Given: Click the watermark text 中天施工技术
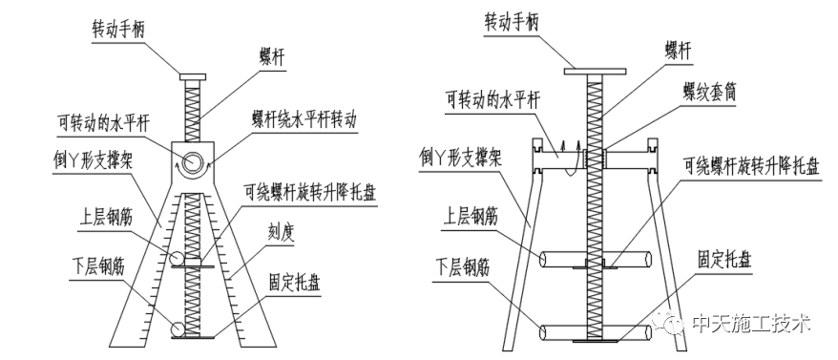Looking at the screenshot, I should tap(751, 324).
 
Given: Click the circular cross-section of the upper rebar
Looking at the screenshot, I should tap(178, 259).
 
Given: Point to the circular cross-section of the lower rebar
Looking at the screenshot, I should tap(178, 329).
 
